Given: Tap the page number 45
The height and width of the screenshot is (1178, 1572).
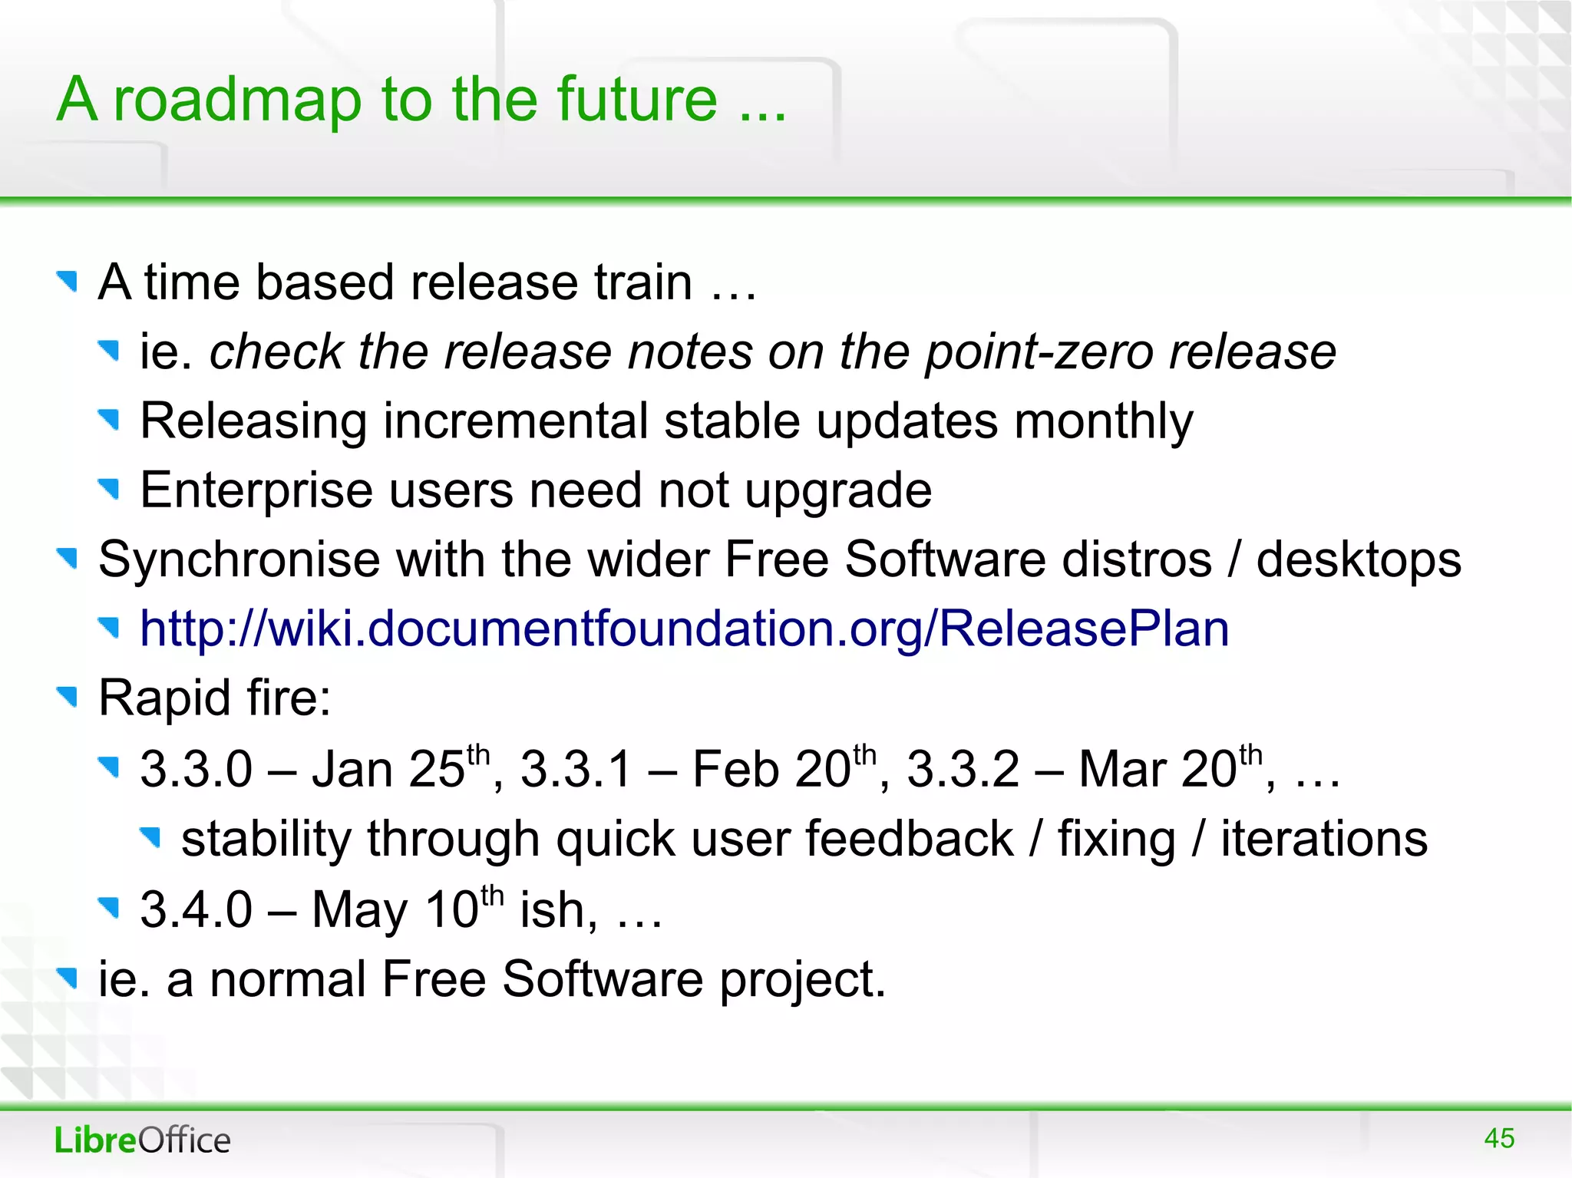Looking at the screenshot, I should (x=1498, y=1138).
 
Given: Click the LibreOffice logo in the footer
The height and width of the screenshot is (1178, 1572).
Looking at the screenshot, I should (x=143, y=1140).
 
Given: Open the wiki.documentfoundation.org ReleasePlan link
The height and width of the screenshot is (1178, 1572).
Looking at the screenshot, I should (x=684, y=629).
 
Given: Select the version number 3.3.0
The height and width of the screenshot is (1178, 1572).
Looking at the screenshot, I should (x=196, y=769).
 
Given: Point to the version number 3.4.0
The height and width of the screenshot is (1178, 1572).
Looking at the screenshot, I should (x=196, y=910).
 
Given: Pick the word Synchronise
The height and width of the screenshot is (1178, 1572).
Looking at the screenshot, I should (x=239, y=559).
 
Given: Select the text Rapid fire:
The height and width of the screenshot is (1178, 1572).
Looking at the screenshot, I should (x=215, y=698).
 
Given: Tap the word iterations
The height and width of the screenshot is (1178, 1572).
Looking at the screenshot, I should (x=1324, y=839).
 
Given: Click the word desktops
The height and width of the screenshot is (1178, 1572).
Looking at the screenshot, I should (x=1358, y=560).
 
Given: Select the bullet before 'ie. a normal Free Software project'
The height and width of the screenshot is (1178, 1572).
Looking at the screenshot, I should (x=68, y=978).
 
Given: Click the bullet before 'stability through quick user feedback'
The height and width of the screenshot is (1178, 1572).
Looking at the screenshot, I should (x=151, y=836).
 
